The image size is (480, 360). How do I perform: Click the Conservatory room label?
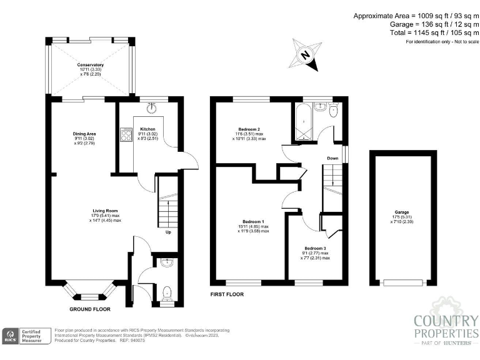point(91,65)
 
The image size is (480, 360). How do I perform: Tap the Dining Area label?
point(84,133)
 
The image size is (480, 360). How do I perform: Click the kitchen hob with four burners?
point(123,135)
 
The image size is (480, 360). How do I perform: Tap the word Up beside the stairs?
point(168,232)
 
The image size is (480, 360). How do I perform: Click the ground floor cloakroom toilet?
point(166,292)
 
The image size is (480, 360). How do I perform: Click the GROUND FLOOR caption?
point(90,309)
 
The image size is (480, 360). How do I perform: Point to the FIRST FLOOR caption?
point(227,294)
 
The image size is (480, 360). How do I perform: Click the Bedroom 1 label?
point(253,222)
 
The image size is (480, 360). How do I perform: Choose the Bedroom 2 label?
point(249,129)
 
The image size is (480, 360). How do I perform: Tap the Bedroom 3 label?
point(315,248)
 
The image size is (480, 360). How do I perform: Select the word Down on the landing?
point(332,158)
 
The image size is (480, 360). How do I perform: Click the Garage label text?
point(402,212)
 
